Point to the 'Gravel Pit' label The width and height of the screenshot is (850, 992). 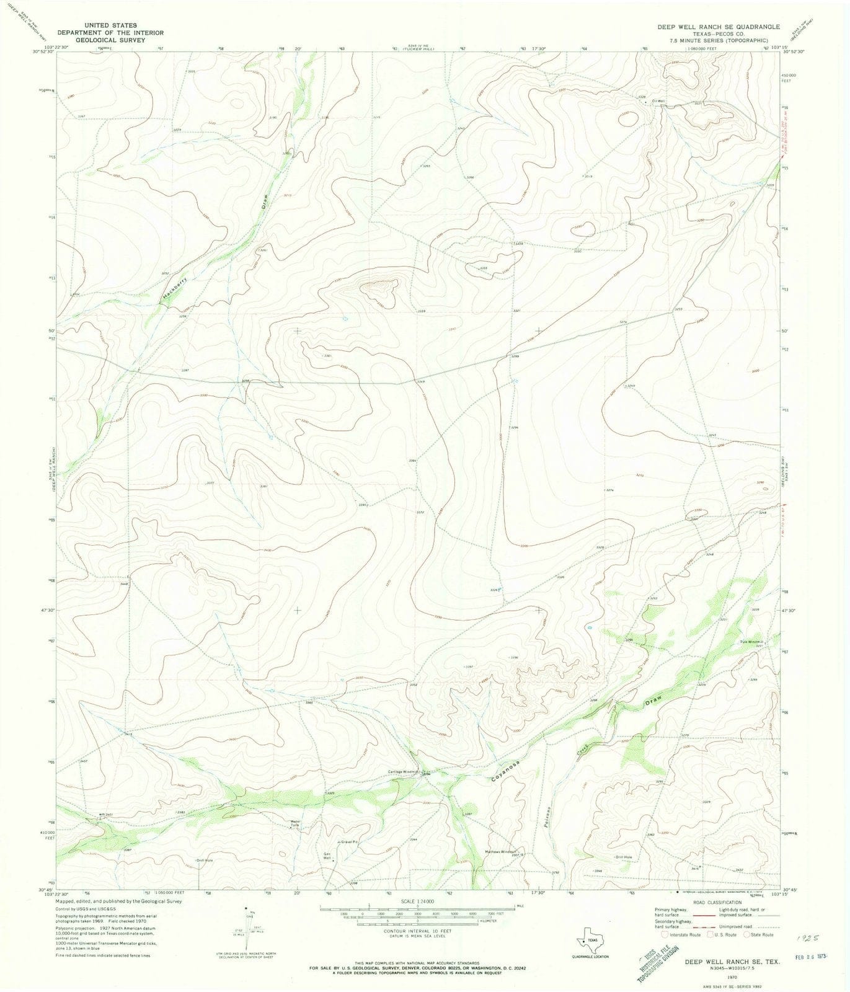click(x=349, y=842)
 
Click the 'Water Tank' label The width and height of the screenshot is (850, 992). click(x=296, y=825)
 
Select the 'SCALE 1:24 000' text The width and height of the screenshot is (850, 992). click(x=417, y=900)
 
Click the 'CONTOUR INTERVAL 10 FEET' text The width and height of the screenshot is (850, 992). click(x=417, y=931)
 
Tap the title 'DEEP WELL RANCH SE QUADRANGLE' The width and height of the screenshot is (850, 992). click(x=719, y=27)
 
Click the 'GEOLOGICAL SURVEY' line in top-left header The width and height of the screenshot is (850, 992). click(x=110, y=39)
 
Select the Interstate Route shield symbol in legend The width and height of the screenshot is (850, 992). click(x=665, y=934)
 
